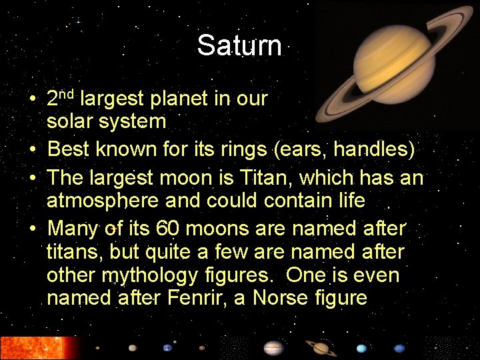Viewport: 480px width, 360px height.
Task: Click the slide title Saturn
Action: pos(239,45)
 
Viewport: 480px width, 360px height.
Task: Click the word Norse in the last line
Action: pos(271,297)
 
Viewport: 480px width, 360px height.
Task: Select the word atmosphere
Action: pos(102,200)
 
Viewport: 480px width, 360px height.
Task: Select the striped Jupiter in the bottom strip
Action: pos(273,348)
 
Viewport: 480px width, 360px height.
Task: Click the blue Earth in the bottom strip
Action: pos(167,347)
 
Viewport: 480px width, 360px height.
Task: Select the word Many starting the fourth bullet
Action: pos(73,229)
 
